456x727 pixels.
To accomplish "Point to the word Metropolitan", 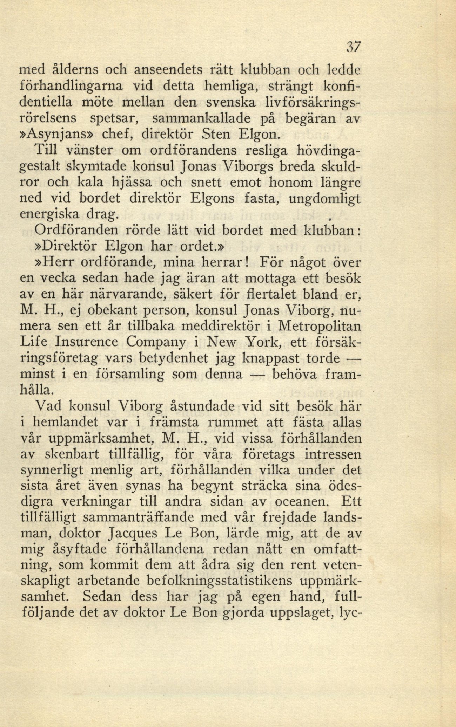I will point(320,327).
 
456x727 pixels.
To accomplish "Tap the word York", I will point(259,342).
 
